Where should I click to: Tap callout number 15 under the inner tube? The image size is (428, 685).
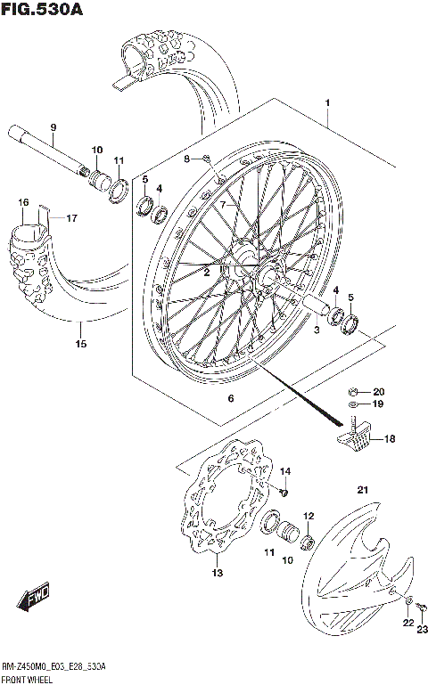pyautogui.click(x=80, y=343)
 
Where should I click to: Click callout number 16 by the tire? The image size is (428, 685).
pyautogui.click(x=24, y=203)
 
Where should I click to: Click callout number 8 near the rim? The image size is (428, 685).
pyautogui.click(x=187, y=159)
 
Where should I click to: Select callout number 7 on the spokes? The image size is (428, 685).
pyautogui.click(x=225, y=204)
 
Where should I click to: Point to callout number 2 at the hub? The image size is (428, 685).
pyautogui.click(x=206, y=273)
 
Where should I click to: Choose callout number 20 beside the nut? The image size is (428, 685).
pyautogui.click(x=378, y=391)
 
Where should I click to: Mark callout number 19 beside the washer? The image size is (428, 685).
pyautogui.click(x=378, y=404)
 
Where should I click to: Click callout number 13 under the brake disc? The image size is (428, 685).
pyautogui.click(x=217, y=573)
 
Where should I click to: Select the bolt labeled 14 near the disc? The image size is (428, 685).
pyautogui.click(x=283, y=489)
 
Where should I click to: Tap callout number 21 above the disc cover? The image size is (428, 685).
pyautogui.click(x=362, y=487)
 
